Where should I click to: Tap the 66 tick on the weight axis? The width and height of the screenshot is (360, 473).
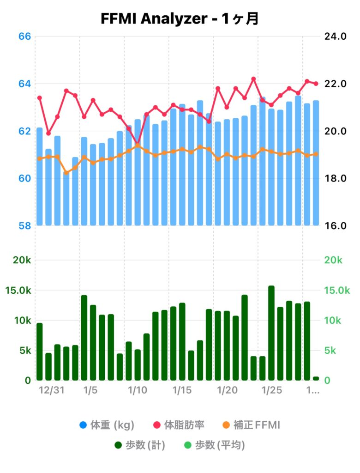[x=24, y=36]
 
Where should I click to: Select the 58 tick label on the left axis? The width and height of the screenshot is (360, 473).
[x=24, y=226]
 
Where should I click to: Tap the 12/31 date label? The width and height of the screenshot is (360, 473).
[x=51, y=391]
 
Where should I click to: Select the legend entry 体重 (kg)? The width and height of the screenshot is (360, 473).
[x=107, y=424]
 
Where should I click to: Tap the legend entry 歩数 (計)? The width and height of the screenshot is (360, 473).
[x=140, y=445]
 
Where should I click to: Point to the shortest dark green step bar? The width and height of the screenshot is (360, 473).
[x=316, y=379]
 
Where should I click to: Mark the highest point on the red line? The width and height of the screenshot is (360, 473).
[x=253, y=79]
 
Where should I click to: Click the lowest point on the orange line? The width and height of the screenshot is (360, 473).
[x=66, y=173]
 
